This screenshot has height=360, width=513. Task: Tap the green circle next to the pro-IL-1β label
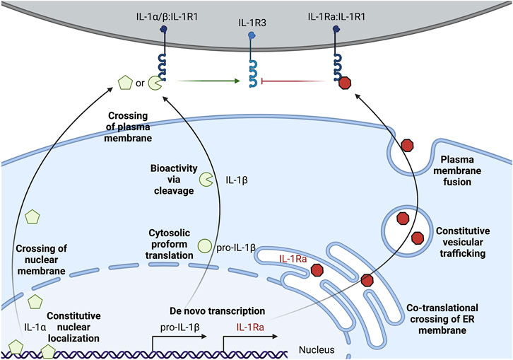click(205, 245)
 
